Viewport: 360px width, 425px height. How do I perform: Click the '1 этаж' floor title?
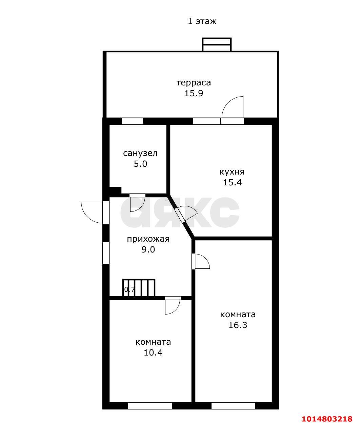[x=202, y=21]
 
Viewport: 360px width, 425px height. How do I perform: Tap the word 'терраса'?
[x=194, y=83]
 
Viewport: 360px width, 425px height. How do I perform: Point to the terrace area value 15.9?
[x=194, y=93]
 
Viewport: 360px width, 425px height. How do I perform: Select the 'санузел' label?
[x=140, y=153]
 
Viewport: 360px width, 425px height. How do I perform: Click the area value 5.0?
[x=140, y=164]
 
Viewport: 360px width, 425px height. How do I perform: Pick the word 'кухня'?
[x=232, y=172]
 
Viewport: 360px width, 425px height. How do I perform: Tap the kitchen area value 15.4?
[x=232, y=182]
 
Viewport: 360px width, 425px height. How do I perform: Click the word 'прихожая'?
[x=148, y=239]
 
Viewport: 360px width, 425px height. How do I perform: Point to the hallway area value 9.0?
[x=148, y=250]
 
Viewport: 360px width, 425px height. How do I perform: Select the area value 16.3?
[x=238, y=325]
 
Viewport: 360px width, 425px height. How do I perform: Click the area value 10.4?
[x=153, y=352]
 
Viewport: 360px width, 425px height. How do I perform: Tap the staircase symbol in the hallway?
[x=139, y=288]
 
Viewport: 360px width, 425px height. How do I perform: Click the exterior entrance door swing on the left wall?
[x=92, y=212]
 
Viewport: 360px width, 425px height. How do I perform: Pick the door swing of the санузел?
[x=137, y=205]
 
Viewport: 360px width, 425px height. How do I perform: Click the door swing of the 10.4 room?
[x=173, y=307]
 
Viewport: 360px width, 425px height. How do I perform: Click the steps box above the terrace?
[x=217, y=44]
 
